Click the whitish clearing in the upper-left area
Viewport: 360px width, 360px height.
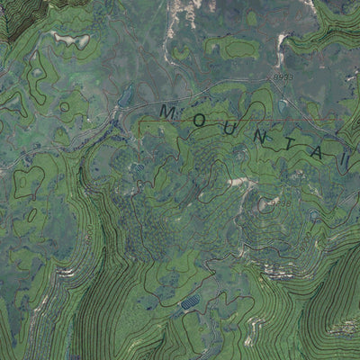[x=70, y=40]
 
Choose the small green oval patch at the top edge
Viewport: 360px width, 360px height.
[x=251, y=17]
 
